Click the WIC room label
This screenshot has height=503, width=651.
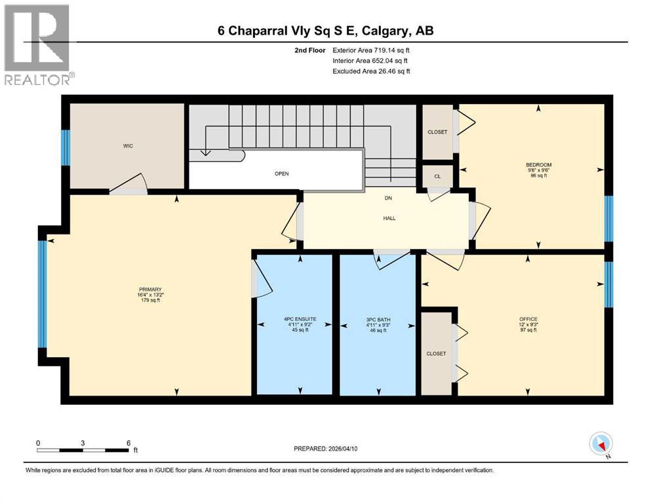(x=128, y=145)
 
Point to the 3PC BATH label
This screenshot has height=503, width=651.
(x=378, y=319)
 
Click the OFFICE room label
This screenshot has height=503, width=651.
(x=528, y=319)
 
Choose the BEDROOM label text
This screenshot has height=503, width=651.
(x=538, y=164)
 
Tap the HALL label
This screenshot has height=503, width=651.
(x=389, y=219)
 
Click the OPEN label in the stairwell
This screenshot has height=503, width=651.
(x=281, y=174)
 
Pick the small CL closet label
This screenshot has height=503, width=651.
(x=437, y=176)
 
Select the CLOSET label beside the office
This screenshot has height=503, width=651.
(x=436, y=354)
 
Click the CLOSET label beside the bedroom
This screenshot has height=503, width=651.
(x=437, y=132)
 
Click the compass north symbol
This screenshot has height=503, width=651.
(x=601, y=445)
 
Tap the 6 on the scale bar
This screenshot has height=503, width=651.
(x=128, y=443)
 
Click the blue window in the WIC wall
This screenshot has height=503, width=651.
(x=66, y=147)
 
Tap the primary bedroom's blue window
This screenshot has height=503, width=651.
(x=43, y=293)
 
